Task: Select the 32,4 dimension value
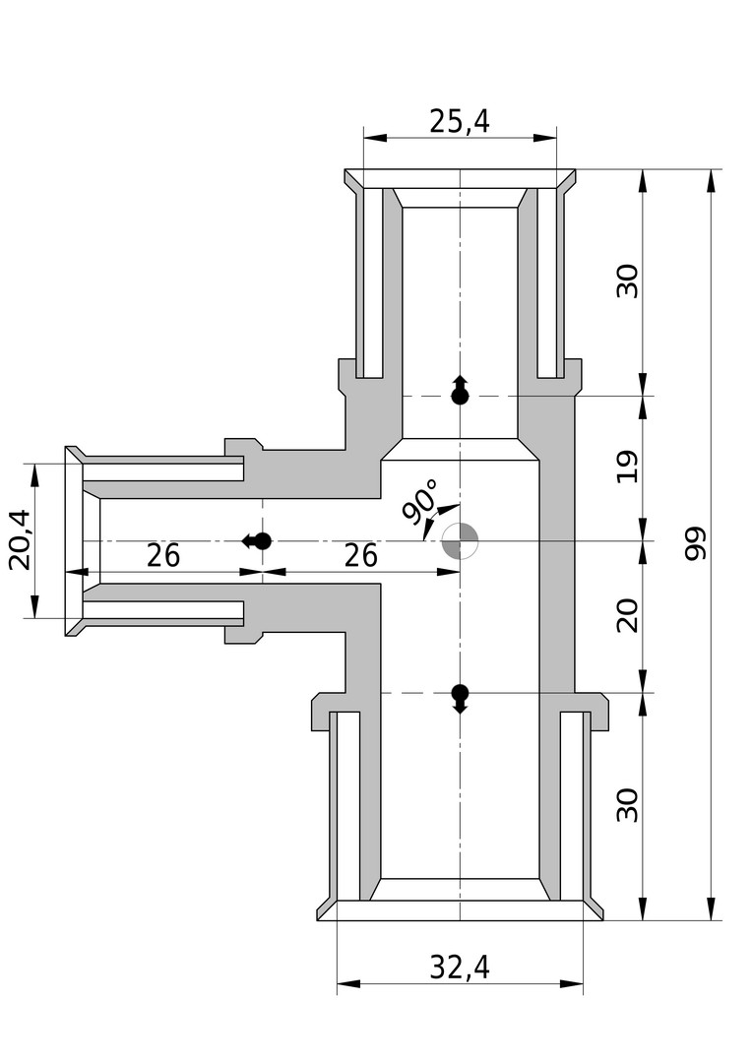[460, 968]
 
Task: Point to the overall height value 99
[697, 543]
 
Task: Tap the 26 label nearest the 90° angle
[361, 556]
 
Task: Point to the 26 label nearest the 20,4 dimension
[163, 556]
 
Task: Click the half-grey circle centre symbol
[460, 540]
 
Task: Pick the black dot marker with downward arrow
[460, 694]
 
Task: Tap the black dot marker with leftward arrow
[260, 540]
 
